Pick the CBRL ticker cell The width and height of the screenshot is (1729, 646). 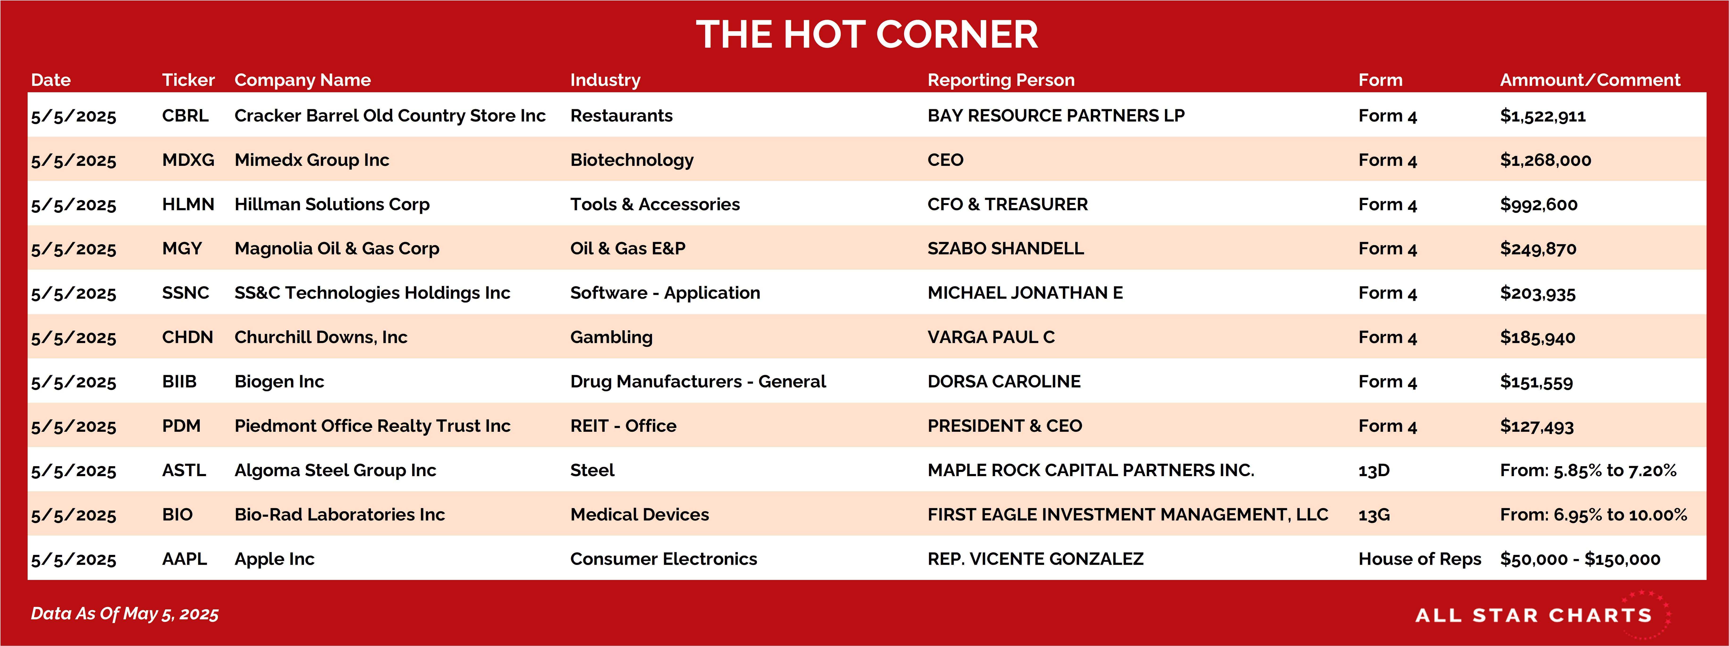click(185, 115)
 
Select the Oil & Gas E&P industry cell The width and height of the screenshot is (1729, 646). click(627, 248)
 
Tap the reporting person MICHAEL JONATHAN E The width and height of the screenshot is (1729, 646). click(1025, 293)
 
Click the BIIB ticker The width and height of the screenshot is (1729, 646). click(179, 381)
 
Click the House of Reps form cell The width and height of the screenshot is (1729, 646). click(1420, 559)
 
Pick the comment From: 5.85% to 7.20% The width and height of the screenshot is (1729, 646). click(1588, 470)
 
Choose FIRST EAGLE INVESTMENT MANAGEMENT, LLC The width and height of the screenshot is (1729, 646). click(1127, 515)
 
